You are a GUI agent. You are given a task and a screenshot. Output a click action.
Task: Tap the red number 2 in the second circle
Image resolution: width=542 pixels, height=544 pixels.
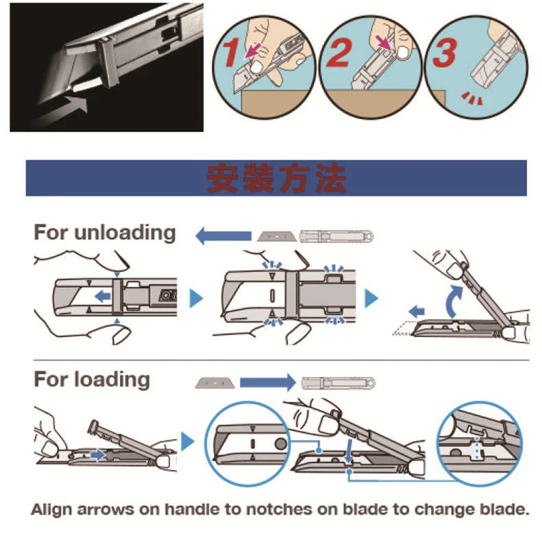click(x=338, y=53)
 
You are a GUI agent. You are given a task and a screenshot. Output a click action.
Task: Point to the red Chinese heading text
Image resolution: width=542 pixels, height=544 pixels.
click(x=276, y=178)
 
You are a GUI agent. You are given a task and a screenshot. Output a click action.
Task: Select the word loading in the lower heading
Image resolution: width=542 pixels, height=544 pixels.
click(x=115, y=379)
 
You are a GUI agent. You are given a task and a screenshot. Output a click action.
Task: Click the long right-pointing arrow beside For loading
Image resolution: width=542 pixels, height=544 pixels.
click(x=268, y=381)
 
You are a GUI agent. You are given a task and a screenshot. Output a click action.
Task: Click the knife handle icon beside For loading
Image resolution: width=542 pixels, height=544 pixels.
click(x=335, y=381)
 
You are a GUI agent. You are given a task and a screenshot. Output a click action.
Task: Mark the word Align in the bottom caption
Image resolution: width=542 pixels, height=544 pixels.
click(x=53, y=510)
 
